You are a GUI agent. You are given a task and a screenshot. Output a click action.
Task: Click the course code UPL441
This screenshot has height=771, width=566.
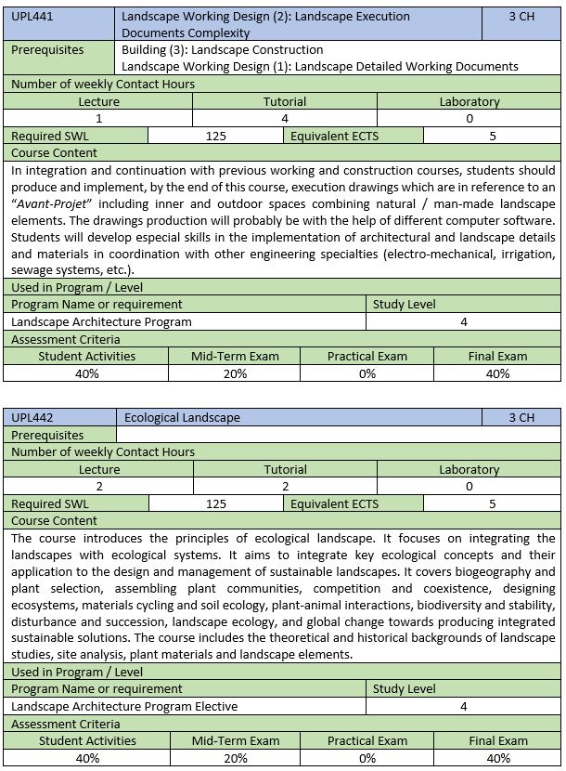[32, 17]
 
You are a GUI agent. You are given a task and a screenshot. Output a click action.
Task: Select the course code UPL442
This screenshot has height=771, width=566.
[32, 418]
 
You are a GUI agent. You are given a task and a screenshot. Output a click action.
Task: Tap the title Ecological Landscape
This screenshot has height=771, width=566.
[181, 418]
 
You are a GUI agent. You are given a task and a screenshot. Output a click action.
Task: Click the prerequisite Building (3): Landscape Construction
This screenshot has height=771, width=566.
[223, 49]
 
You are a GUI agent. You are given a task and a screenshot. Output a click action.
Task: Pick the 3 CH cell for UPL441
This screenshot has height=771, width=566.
[521, 17]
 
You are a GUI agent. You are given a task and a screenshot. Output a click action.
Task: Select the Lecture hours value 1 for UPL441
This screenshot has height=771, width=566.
[98, 118]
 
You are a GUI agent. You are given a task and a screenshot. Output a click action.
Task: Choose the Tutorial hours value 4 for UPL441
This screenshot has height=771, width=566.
[285, 118]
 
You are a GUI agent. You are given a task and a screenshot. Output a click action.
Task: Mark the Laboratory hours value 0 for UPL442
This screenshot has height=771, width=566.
[469, 486]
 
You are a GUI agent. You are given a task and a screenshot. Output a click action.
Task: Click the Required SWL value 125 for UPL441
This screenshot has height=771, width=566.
[216, 136]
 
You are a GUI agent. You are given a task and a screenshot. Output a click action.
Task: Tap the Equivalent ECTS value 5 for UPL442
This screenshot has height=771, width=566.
[493, 503]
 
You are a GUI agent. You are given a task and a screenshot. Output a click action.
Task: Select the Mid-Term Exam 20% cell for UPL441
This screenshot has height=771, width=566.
[235, 373]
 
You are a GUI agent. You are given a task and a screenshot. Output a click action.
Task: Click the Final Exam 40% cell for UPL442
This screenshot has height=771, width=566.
[497, 758]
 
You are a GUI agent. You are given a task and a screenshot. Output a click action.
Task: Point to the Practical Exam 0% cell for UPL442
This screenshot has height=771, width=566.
[367, 758]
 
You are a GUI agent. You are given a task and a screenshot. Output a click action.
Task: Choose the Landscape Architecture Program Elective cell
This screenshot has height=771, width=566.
[124, 706]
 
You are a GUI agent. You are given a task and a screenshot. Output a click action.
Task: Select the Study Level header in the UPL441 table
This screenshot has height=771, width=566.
[404, 304]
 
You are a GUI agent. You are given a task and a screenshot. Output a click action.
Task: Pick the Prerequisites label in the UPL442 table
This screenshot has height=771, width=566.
[47, 435]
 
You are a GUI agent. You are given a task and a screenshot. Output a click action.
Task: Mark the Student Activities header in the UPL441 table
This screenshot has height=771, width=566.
[86, 356]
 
